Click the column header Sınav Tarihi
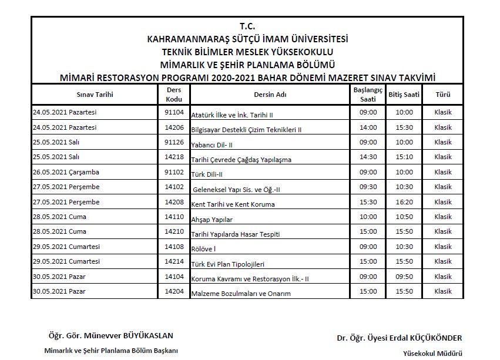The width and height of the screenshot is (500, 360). (x=95, y=94)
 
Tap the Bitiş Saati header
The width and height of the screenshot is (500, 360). (x=404, y=94)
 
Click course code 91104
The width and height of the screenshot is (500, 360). (x=174, y=112)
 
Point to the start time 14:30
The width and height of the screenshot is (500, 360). (x=368, y=157)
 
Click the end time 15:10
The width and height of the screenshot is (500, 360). (x=404, y=157)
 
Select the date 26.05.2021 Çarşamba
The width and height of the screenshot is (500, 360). (x=65, y=172)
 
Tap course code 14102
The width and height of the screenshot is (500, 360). (x=174, y=187)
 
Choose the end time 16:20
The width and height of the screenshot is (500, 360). (x=404, y=202)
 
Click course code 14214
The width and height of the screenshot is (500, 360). (x=174, y=261)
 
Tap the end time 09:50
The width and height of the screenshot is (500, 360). (x=404, y=277)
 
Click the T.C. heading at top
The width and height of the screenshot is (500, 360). (x=247, y=27)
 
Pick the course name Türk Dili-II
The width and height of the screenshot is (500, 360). (x=207, y=174)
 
